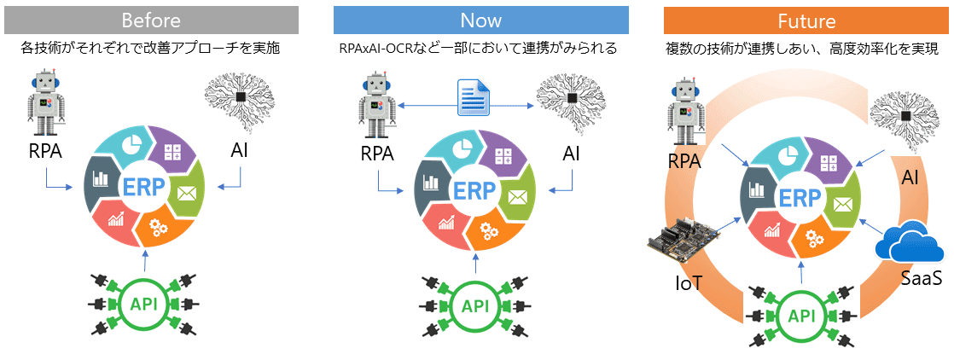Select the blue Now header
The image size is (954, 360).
pyautogui.click(x=480, y=20)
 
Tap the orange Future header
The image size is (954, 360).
pyautogui.click(x=806, y=20)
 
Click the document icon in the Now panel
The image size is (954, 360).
pyautogui.click(x=471, y=97)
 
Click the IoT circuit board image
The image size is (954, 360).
pyautogui.click(x=679, y=241)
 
